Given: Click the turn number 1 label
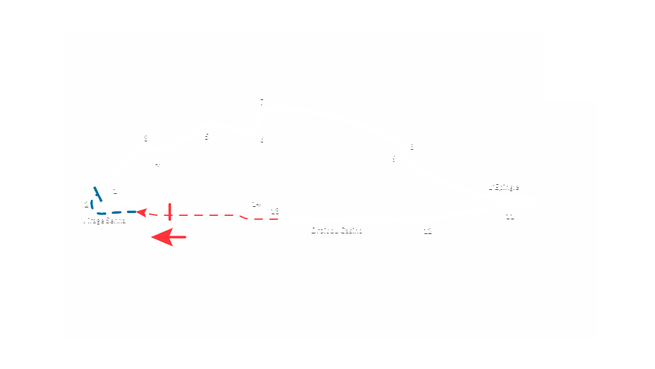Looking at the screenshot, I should (115, 192).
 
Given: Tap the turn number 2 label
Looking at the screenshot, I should (86, 205).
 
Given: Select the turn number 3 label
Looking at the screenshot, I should (146, 138).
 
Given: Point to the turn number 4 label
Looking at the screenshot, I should (158, 164).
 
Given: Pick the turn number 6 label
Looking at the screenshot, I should (262, 140).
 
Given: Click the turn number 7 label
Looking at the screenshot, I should (262, 102).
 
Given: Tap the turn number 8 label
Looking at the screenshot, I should (412, 147).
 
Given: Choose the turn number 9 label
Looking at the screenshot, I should (394, 159).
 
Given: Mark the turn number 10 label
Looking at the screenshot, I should (544, 203).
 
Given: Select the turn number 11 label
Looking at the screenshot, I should (510, 216).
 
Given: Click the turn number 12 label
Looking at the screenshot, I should (427, 231).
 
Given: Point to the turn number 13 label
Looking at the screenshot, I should (275, 211).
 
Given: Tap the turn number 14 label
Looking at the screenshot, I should (256, 204).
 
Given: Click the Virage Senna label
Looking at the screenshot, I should (103, 220).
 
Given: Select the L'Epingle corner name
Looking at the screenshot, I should (503, 187).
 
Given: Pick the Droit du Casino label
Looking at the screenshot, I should (337, 231).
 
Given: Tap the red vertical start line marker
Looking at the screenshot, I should (169, 211).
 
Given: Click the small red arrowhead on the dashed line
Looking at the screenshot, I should (142, 212).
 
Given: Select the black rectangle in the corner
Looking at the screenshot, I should (570, 67).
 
